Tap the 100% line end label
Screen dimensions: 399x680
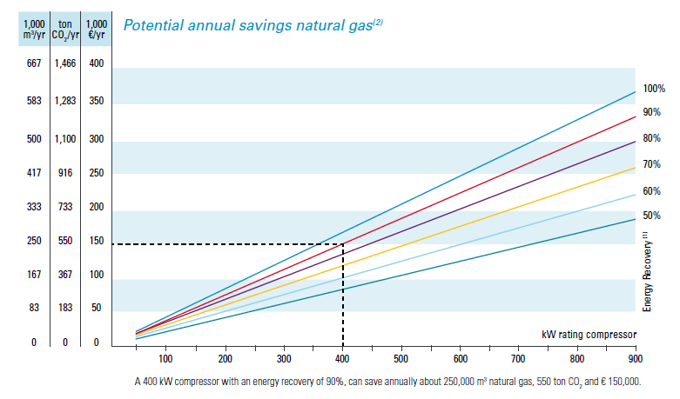click(x=654, y=89)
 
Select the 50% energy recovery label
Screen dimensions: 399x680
click(x=652, y=216)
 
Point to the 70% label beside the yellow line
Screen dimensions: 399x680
click(x=652, y=164)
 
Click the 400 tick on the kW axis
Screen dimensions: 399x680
click(x=343, y=358)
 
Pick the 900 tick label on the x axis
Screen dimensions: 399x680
click(x=635, y=358)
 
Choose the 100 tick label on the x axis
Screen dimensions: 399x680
click(x=165, y=358)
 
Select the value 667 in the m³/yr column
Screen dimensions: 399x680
click(x=34, y=63)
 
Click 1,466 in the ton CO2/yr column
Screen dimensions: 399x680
click(x=66, y=63)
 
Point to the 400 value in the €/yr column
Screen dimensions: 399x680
click(x=96, y=63)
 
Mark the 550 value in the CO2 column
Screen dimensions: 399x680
click(x=66, y=241)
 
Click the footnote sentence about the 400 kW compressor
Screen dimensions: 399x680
click(x=387, y=382)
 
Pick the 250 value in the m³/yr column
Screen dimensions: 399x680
click(x=34, y=241)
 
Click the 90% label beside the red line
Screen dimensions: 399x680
click(x=652, y=112)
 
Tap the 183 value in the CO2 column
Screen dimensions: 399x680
click(x=66, y=308)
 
